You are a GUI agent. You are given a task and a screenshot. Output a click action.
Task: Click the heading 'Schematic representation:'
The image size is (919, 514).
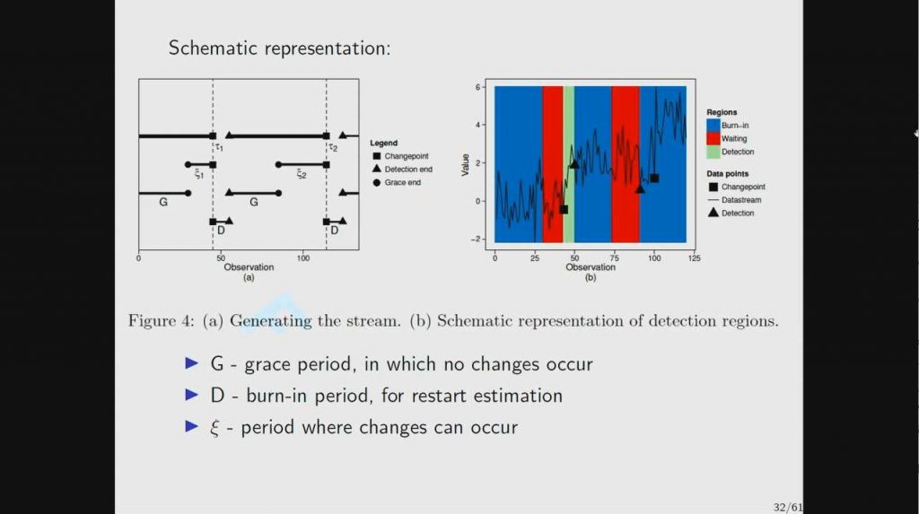pyautogui.click(x=279, y=48)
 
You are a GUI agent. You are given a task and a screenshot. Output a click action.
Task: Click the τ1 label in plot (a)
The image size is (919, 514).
pyautogui.click(x=218, y=147)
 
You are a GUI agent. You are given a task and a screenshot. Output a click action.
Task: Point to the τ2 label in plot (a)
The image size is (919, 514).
pyautogui.click(x=332, y=147)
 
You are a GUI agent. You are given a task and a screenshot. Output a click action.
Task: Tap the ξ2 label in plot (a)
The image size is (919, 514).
pyautogui.click(x=302, y=174)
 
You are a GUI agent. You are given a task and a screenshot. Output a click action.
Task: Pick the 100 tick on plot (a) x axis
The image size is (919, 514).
pyautogui.click(x=303, y=257)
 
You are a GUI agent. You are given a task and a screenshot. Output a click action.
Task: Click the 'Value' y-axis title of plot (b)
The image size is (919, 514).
pyautogui.click(x=466, y=163)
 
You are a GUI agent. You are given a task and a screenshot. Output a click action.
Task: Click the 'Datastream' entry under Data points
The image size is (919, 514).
pyautogui.click(x=740, y=200)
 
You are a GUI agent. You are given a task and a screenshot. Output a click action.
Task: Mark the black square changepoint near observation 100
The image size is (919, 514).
pyautogui.click(x=654, y=179)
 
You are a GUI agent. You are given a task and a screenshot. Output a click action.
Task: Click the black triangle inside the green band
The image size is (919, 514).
pyautogui.click(x=573, y=164)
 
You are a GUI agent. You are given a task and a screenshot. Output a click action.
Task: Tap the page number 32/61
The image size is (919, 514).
pyautogui.click(x=787, y=507)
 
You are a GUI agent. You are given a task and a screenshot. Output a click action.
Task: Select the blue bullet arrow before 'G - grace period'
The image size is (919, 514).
pyautogui.click(x=190, y=364)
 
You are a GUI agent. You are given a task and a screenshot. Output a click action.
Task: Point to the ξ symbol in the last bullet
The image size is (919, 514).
pyautogui.click(x=214, y=427)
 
